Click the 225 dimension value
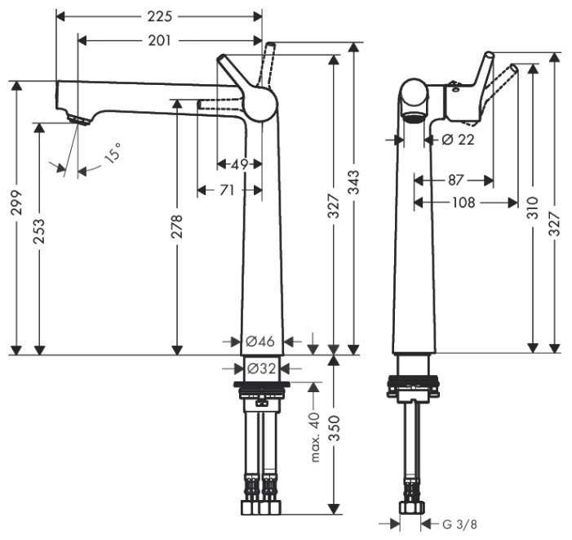[160, 16]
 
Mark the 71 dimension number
[229, 190]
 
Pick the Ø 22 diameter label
[458, 140]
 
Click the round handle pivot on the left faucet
[262, 103]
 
